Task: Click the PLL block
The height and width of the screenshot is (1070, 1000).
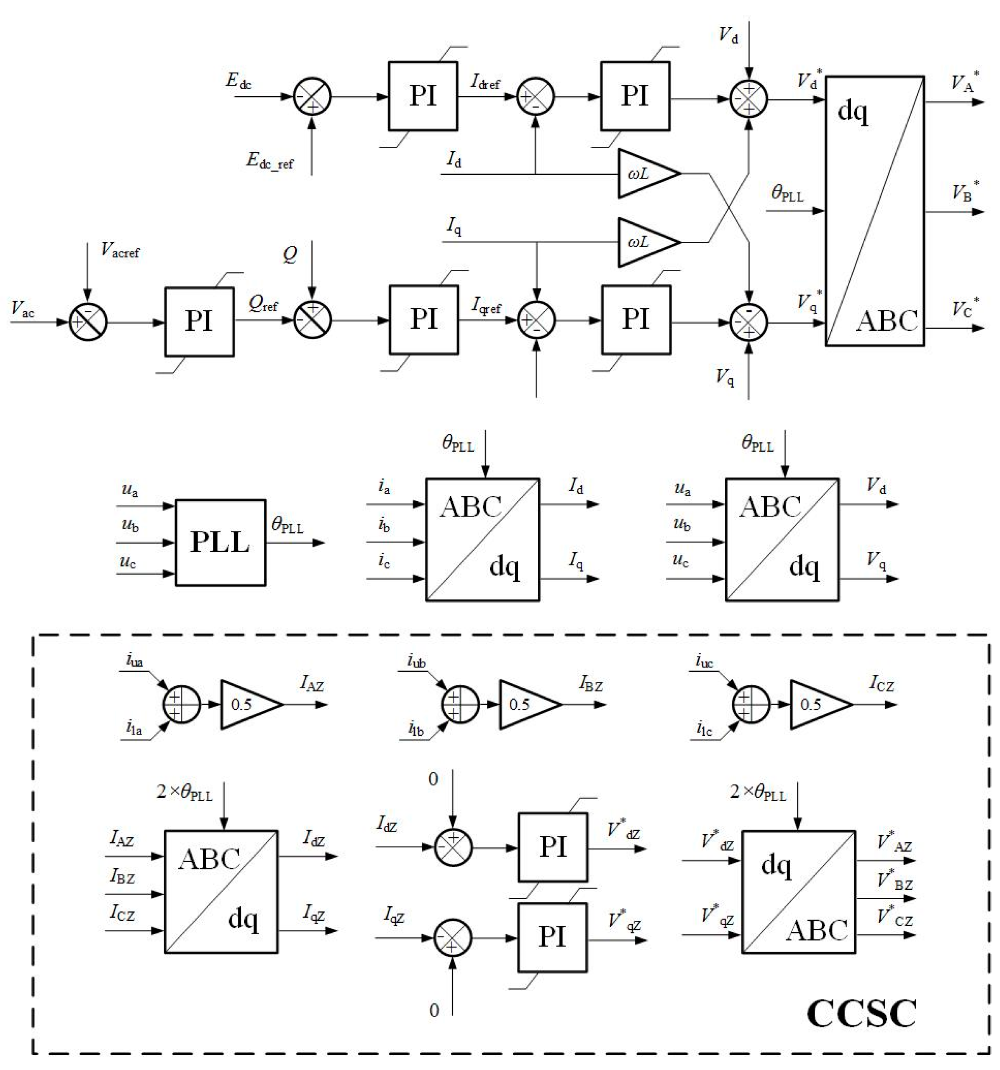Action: [x=220, y=542]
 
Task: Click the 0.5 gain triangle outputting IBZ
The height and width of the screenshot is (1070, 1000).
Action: [x=525, y=704]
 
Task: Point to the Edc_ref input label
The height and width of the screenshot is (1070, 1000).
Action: [x=270, y=160]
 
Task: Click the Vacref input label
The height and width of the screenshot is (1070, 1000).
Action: [x=120, y=250]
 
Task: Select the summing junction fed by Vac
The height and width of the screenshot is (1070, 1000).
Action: [x=88, y=322]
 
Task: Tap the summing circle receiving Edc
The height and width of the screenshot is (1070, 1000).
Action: [x=312, y=97]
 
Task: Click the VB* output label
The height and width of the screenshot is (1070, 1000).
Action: [x=966, y=192]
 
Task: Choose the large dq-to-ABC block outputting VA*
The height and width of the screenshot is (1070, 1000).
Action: [x=874, y=211]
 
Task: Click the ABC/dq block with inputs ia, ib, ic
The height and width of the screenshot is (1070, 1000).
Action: [x=482, y=539]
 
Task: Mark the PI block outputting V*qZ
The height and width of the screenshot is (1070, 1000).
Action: [x=552, y=937]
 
